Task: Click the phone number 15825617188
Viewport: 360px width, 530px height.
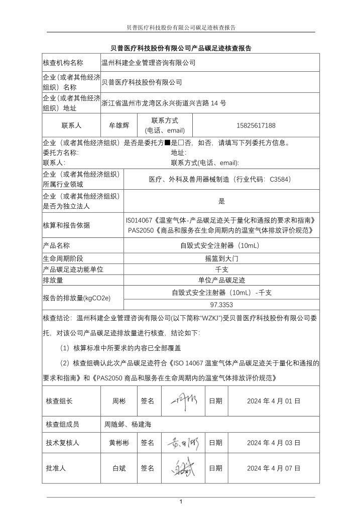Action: (256, 125)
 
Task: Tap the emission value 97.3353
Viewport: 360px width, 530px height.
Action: (221, 304)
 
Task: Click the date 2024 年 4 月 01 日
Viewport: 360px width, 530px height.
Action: (274, 401)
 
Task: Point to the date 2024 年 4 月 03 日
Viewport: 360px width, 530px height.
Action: (274, 443)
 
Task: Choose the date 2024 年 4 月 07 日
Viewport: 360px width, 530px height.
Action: (274, 468)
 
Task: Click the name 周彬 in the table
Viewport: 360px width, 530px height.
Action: (119, 401)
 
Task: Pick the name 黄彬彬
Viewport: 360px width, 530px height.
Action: (119, 443)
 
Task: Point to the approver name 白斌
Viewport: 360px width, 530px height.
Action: (119, 468)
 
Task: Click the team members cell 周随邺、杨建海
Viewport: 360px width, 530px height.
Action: (128, 424)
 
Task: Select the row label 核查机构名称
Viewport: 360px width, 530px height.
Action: (63, 63)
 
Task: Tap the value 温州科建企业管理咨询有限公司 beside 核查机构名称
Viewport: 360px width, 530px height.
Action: (148, 63)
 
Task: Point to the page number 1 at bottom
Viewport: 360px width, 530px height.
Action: (180, 502)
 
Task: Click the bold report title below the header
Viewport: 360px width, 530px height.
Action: (180, 48)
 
